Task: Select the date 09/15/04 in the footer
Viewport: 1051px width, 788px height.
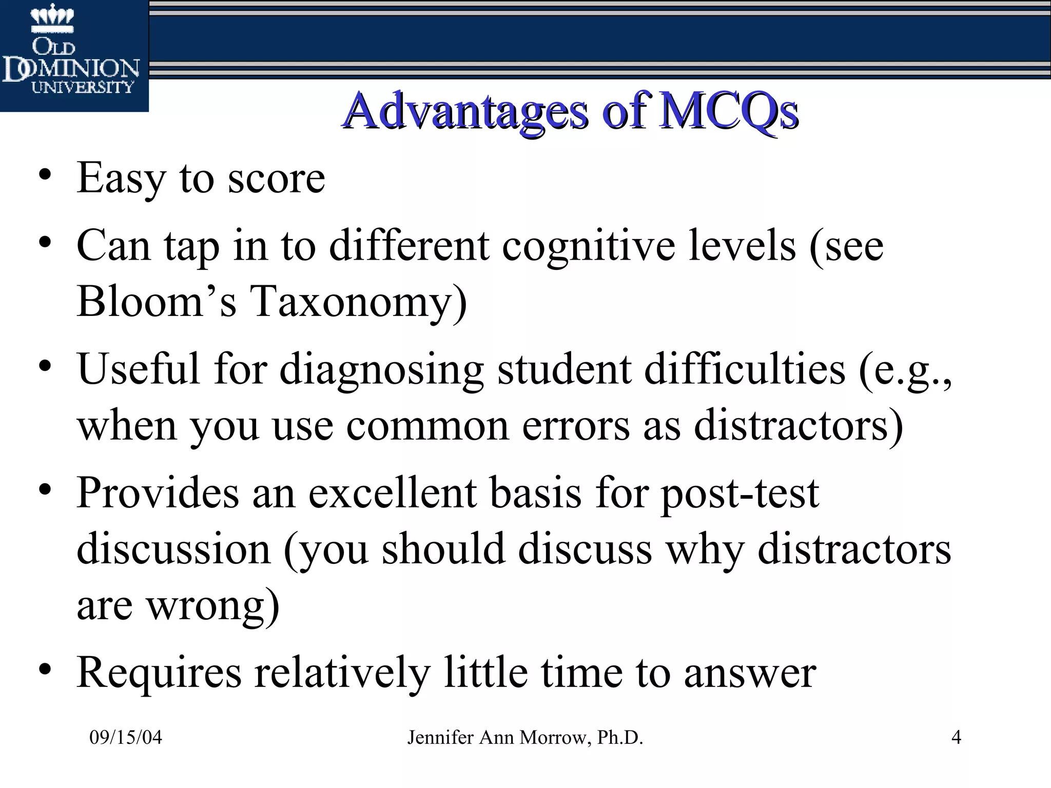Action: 126,737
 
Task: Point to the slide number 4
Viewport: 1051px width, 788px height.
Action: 956,737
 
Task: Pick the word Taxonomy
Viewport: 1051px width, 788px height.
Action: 358,302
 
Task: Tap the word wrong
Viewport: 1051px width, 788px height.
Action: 213,606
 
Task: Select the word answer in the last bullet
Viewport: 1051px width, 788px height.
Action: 750,672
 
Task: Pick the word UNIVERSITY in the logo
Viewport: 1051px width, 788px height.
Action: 82,87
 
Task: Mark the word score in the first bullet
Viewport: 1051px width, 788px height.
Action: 276,179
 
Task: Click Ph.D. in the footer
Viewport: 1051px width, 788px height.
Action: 620,737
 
